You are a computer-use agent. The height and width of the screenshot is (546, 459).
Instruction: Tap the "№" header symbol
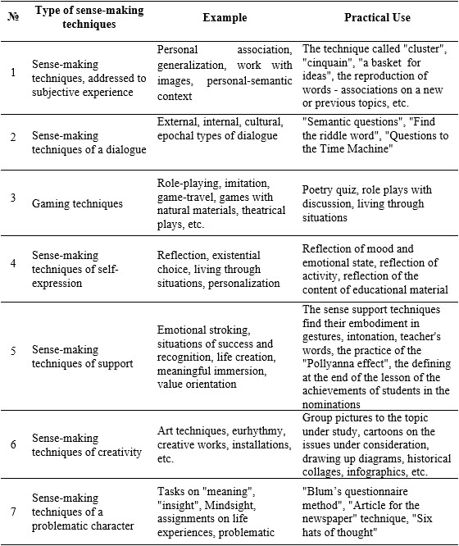coord(14,18)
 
